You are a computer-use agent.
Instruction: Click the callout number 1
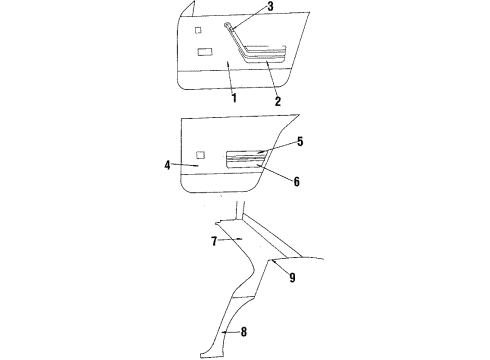[233, 98]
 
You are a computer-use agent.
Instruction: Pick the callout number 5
[272, 141]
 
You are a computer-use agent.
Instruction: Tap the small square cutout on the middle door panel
[201, 153]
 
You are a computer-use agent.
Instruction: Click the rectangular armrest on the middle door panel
[246, 157]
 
